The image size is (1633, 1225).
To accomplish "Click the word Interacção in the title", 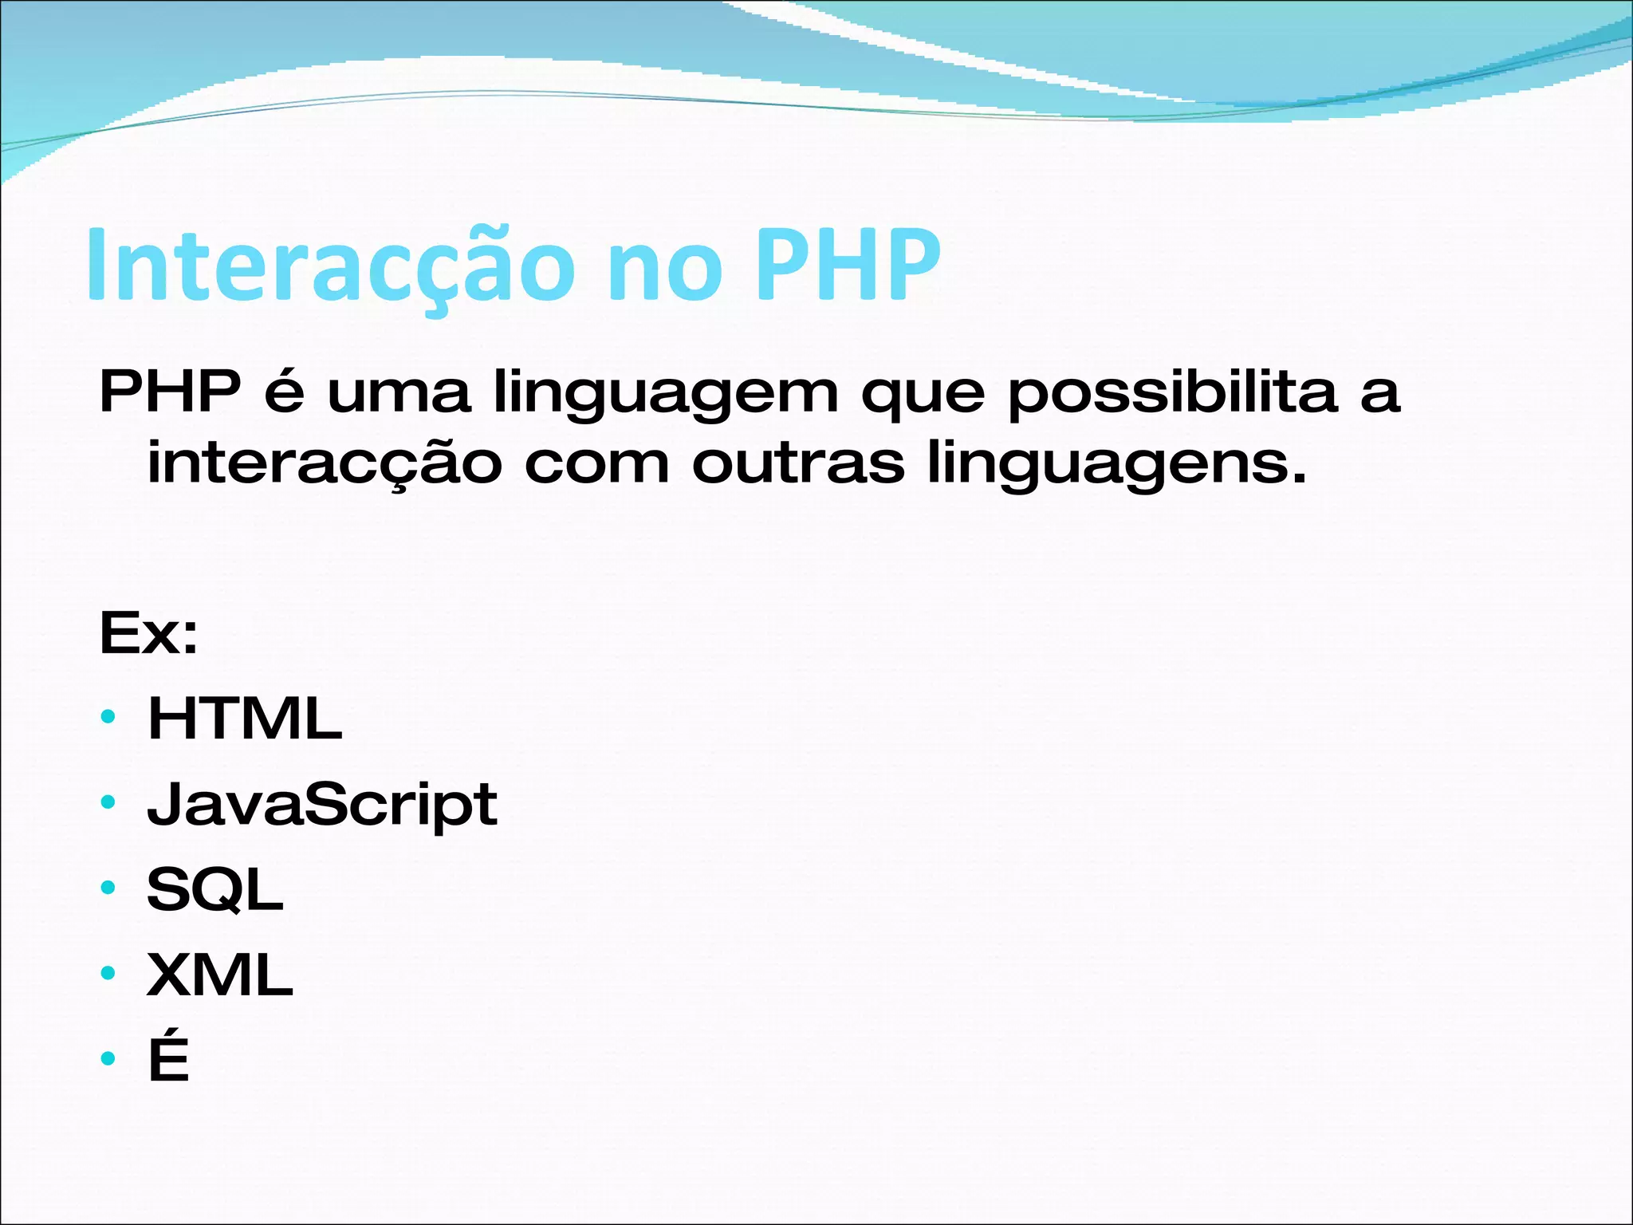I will (x=330, y=266).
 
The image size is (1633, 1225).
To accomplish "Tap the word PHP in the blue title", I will (x=847, y=266).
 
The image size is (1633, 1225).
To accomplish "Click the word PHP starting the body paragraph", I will (x=170, y=392).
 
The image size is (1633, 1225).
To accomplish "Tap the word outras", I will (x=798, y=463).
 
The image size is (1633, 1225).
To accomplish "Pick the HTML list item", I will (x=245, y=719).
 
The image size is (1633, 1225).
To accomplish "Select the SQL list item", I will (x=215, y=890).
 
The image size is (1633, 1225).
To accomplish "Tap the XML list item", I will (x=220, y=975).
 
